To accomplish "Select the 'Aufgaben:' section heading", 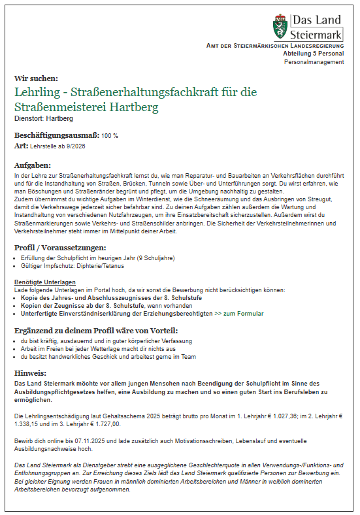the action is [33, 165].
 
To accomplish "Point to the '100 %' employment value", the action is [110, 135].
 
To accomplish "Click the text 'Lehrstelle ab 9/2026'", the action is [57, 146].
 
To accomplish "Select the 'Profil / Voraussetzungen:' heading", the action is [60, 248].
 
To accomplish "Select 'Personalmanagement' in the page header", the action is [314, 62].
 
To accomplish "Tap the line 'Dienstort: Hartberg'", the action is [44, 119].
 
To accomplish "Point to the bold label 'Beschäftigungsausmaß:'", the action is [56, 135].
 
